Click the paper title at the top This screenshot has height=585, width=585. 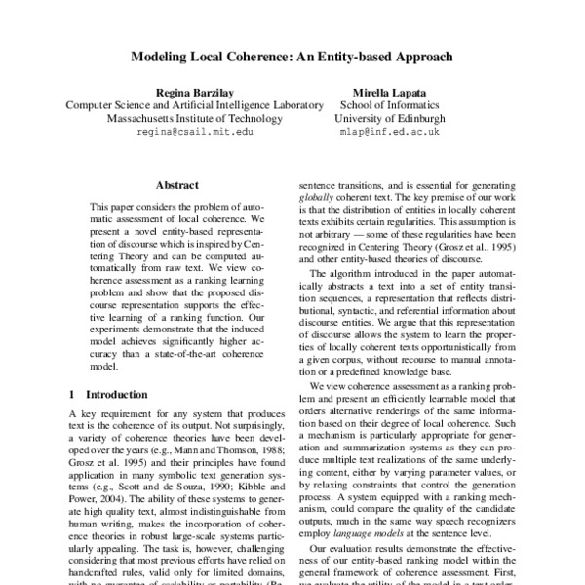click(292, 57)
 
